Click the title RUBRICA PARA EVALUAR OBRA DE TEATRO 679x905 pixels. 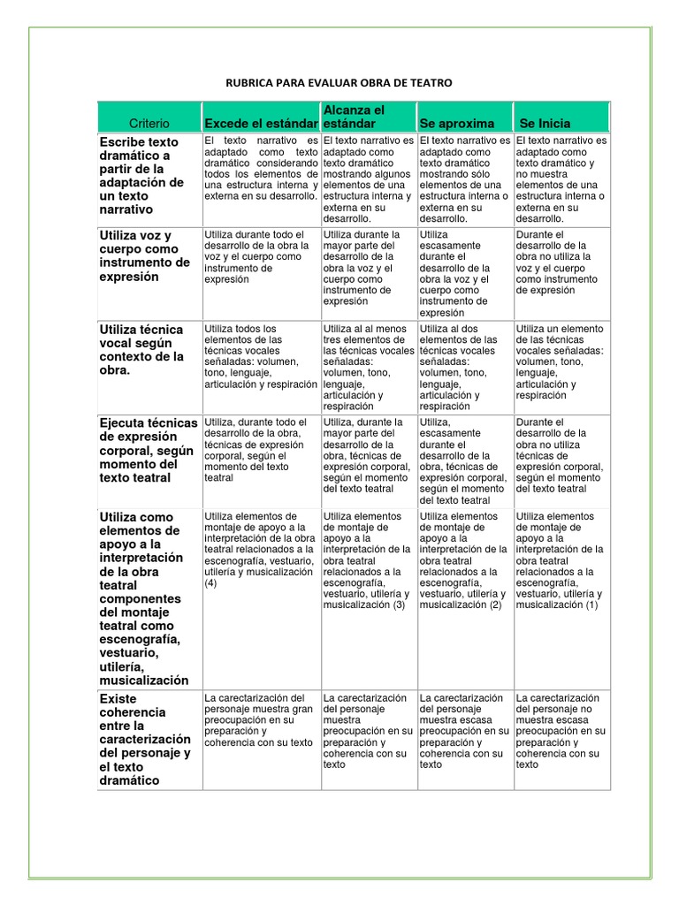coord(339,83)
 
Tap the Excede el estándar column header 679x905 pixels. coord(261,124)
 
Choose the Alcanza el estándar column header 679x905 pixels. coord(354,117)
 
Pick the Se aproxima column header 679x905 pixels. coord(457,124)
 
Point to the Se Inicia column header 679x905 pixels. coord(545,124)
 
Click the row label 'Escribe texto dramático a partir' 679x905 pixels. coord(142,176)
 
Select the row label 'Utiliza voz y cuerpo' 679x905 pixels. coord(145,255)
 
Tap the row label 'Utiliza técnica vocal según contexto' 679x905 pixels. coord(142,350)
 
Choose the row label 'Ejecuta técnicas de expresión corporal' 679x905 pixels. coord(148,450)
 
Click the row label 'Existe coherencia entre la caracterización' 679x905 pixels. coord(146,739)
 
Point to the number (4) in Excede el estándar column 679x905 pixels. coord(210,583)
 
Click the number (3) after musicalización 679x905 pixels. coord(400,605)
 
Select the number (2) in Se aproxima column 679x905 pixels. coord(496,605)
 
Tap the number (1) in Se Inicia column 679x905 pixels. coord(592,605)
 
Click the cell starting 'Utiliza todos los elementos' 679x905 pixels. coord(261,356)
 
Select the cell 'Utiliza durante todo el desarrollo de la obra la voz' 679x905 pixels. coord(261,256)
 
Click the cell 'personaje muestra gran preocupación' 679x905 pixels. coord(261,720)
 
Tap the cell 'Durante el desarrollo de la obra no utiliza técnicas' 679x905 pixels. coord(561,455)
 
